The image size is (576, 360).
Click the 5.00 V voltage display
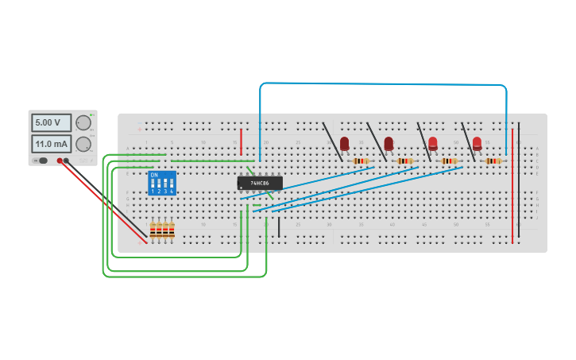point(50,122)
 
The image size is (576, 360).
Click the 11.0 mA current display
point(50,144)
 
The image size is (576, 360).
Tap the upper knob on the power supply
point(83,122)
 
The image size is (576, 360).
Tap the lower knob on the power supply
point(83,144)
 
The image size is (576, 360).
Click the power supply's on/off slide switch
point(40,161)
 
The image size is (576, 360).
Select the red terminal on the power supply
point(60,161)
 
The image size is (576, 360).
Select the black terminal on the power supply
point(67,161)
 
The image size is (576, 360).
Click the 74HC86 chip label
point(260,183)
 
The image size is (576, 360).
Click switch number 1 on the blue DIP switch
point(153,184)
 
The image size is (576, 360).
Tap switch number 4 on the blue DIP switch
point(172,184)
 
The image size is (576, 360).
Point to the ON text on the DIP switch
point(154,175)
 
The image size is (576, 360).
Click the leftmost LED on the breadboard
point(344,143)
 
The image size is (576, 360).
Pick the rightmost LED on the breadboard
point(477,143)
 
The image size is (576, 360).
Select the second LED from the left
point(389,143)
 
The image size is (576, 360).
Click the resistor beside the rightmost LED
point(493,161)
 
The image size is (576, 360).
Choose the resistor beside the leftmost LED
point(361,161)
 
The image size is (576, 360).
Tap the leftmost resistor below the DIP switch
point(153,230)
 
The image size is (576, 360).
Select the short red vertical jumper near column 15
point(242,141)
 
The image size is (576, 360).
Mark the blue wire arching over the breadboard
point(381,83)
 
